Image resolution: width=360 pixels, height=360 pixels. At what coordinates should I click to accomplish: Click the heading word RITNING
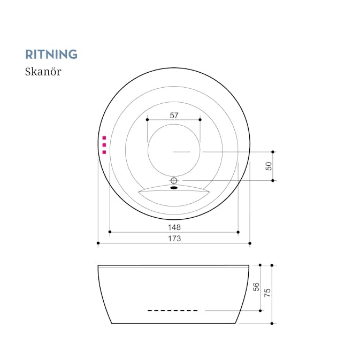(51, 54)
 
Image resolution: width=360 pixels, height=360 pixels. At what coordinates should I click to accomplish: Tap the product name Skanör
(43, 71)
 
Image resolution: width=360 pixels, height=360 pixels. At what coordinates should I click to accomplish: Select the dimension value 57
(174, 115)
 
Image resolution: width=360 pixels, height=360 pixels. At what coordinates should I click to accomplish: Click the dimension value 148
(174, 227)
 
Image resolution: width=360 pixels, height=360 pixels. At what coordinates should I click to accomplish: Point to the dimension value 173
(174, 239)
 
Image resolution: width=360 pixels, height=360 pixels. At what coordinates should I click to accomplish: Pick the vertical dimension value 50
(269, 166)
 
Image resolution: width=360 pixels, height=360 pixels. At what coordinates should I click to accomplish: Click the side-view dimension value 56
(256, 287)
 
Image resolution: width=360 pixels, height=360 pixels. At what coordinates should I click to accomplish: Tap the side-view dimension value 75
(267, 293)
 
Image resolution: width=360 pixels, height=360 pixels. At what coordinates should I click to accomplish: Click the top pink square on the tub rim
(104, 138)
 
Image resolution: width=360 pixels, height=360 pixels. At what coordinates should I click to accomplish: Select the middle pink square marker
(104, 145)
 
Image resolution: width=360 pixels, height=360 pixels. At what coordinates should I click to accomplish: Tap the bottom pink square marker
(104, 152)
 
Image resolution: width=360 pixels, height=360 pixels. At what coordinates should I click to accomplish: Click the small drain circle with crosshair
(174, 181)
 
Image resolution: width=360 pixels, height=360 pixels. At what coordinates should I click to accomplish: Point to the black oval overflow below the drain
(174, 188)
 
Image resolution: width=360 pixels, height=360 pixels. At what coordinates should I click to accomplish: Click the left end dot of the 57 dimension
(148, 120)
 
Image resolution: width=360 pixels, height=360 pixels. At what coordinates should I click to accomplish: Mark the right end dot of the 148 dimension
(238, 232)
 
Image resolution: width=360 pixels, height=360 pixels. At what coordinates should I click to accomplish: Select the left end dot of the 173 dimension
(98, 243)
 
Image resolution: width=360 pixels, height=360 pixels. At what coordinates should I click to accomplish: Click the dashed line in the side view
(173, 311)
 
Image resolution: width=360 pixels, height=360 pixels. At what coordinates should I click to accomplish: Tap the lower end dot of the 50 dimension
(273, 181)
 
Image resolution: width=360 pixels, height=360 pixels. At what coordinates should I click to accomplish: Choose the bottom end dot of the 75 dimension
(272, 324)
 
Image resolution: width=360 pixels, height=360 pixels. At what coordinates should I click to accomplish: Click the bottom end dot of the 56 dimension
(260, 311)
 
